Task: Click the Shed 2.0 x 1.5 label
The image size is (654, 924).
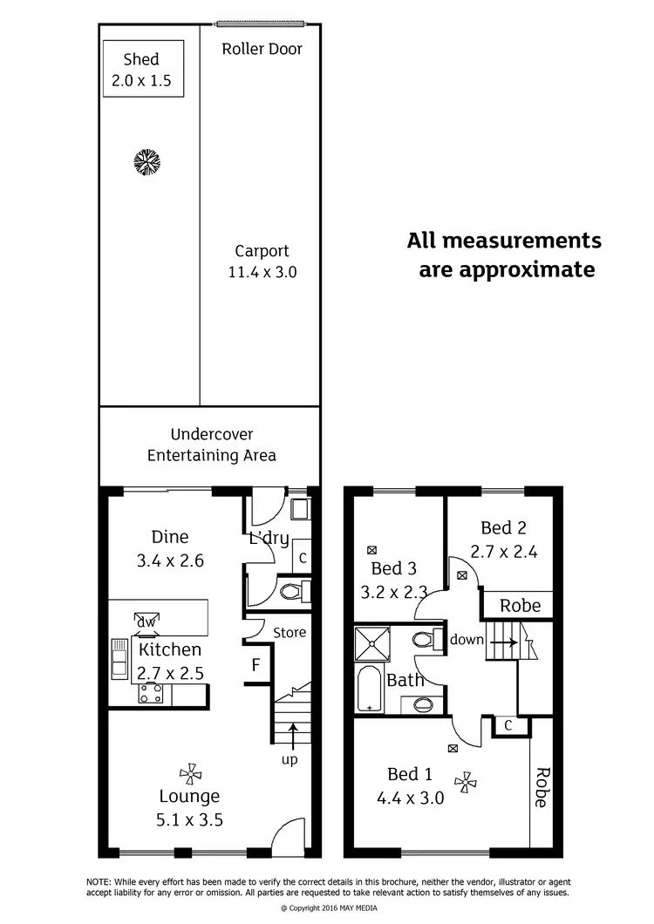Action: pos(141,71)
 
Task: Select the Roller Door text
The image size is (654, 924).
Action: pos(262,49)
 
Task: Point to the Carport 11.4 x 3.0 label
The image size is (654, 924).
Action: pos(262,262)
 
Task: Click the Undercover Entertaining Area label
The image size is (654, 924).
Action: pos(211,445)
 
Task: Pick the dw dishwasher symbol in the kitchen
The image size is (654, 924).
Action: pos(145,622)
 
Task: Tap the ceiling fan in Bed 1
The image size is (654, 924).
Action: pos(466,781)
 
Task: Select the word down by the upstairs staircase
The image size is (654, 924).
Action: pos(467,639)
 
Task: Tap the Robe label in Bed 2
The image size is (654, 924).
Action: pos(520,605)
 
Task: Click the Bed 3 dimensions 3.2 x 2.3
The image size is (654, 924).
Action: pos(393,593)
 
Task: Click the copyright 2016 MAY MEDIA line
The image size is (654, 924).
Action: pos(327,907)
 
